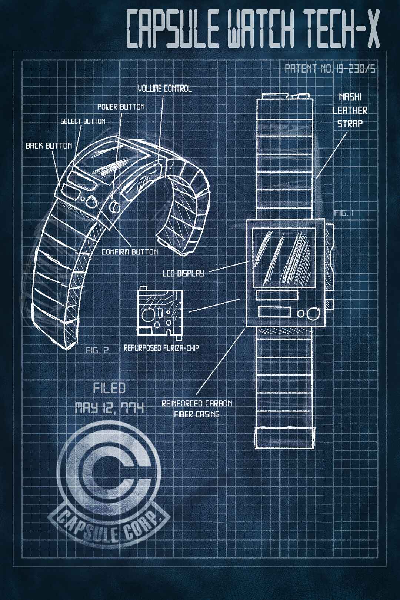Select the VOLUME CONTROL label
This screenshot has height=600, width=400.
(x=165, y=89)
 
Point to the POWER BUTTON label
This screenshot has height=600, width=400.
(x=121, y=107)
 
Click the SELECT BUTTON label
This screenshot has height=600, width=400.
(x=83, y=121)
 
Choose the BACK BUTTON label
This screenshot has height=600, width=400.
(x=49, y=146)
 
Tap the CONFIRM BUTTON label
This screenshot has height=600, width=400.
(x=130, y=252)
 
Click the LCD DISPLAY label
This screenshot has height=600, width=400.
(x=183, y=273)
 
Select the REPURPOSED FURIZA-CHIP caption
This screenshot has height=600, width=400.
(x=161, y=348)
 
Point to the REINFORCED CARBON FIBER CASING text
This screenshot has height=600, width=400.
(x=197, y=409)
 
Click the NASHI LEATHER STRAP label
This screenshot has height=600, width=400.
(x=350, y=110)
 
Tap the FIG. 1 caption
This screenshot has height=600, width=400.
(x=344, y=213)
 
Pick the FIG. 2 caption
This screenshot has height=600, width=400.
(x=97, y=350)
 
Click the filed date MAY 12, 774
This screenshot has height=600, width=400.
(x=109, y=408)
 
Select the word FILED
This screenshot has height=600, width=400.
(x=109, y=388)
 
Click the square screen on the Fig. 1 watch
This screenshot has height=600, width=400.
(x=283, y=256)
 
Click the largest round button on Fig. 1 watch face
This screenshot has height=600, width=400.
(x=313, y=313)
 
